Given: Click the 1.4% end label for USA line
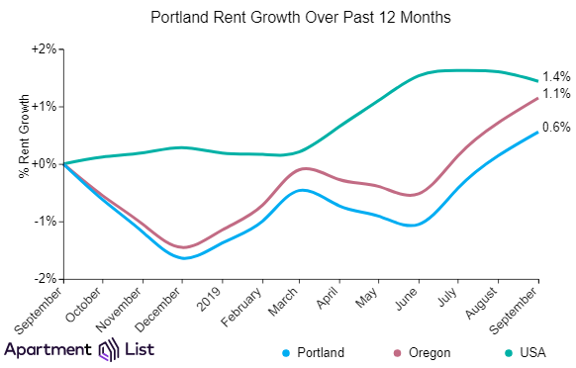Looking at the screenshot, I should tap(556, 77).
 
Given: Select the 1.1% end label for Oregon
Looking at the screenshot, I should tap(556, 94).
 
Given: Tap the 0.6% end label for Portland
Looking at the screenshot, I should tap(556, 127).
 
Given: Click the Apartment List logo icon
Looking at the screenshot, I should tap(109, 349).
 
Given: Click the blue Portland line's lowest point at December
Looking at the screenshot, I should tap(183, 258).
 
